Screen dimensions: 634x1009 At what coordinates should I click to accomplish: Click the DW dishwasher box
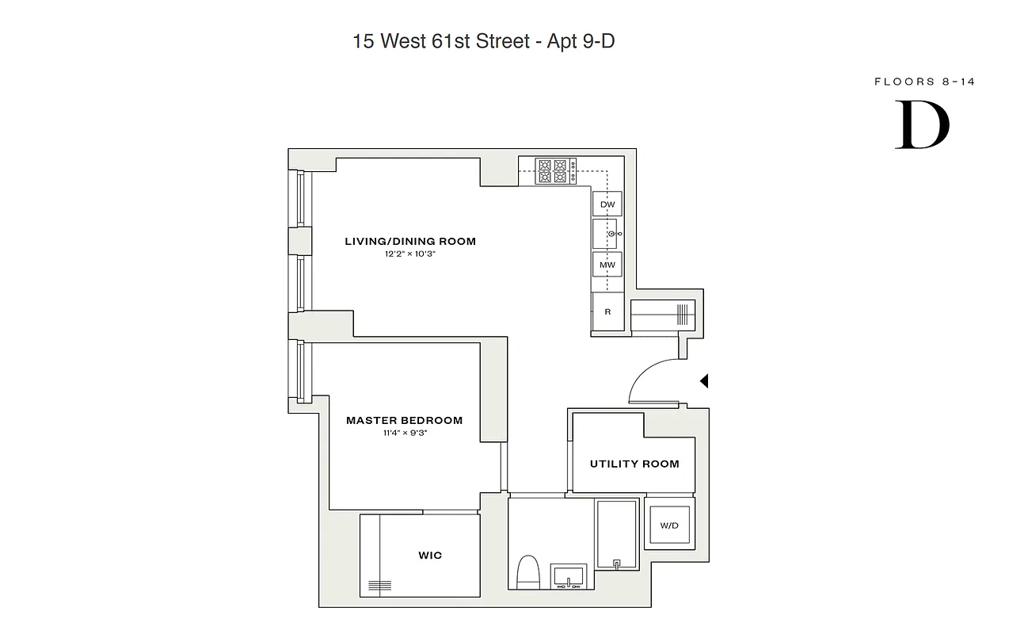click(607, 204)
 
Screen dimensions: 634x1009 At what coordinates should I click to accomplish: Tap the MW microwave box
click(607, 264)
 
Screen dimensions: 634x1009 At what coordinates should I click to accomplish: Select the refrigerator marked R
click(607, 311)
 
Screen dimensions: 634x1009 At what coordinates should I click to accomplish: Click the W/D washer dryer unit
click(669, 525)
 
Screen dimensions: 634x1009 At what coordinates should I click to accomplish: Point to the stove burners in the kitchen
click(556, 171)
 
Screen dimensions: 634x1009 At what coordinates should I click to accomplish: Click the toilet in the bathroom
click(527, 572)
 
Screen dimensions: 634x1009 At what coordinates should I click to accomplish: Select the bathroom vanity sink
click(569, 577)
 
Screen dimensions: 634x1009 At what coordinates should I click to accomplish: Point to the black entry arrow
click(704, 381)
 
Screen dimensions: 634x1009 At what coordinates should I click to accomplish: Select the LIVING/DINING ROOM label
click(410, 241)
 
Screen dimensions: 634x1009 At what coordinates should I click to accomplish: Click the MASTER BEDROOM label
click(404, 420)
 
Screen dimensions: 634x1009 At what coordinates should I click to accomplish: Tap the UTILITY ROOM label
click(634, 464)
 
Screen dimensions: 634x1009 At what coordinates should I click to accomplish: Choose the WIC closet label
click(430, 556)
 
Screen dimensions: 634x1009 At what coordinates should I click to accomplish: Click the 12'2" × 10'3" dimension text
click(410, 254)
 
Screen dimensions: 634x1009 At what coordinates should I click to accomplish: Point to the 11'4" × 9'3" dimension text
click(404, 433)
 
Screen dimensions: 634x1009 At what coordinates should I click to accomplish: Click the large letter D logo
click(923, 125)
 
